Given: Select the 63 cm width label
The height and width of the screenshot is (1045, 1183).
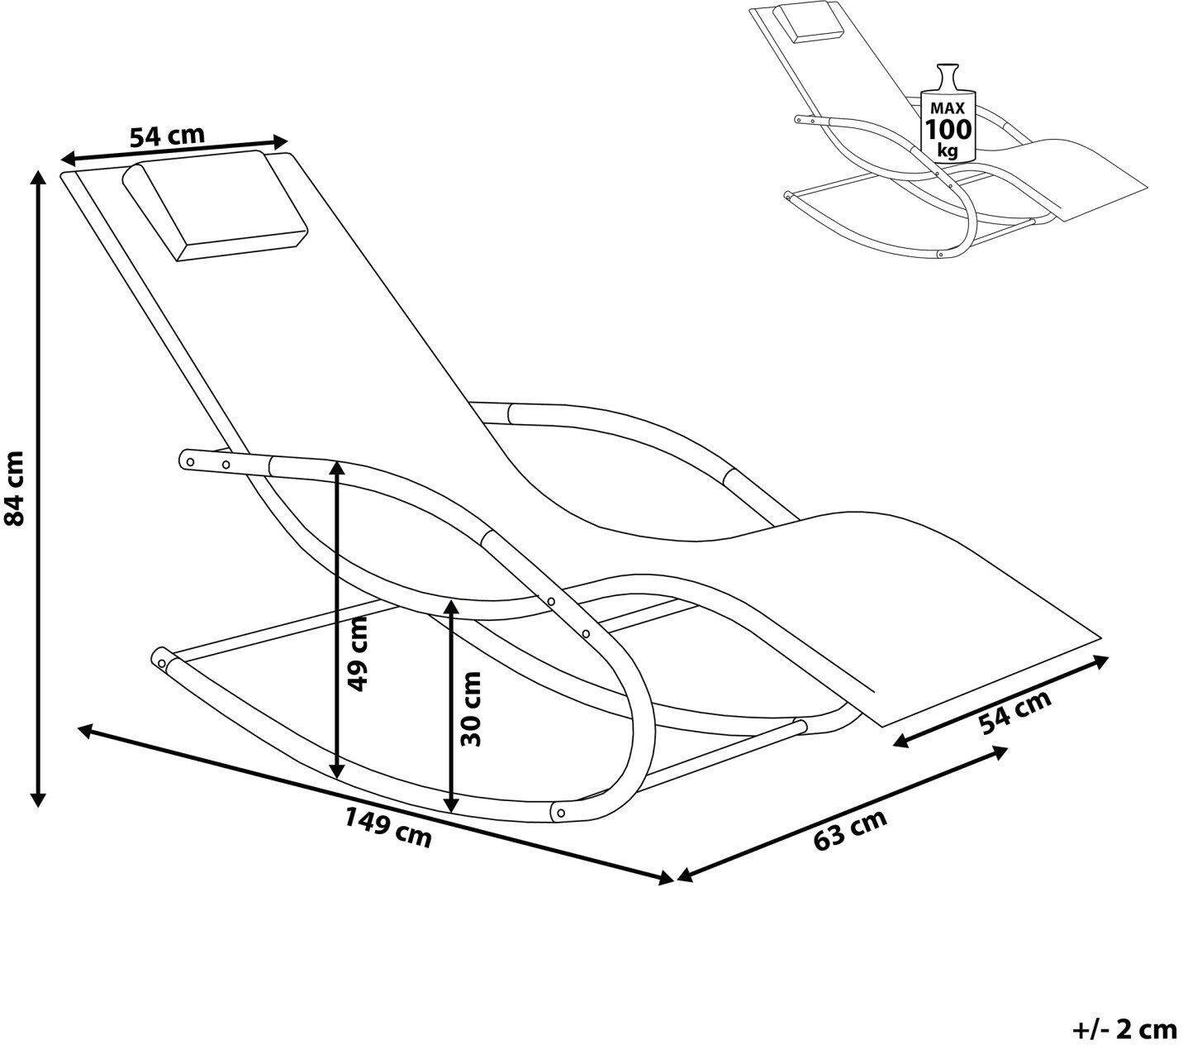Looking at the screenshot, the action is [850, 829].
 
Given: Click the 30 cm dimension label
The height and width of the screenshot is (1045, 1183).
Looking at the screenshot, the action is [470, 709].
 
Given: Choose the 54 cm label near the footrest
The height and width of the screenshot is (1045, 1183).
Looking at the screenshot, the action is [1015, 711].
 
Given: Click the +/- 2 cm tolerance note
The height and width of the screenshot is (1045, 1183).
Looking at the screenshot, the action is [1124, 1028].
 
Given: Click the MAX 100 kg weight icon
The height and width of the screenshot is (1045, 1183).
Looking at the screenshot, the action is [948, 116].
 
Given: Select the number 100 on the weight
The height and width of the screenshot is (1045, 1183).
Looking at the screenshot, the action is [948, 130].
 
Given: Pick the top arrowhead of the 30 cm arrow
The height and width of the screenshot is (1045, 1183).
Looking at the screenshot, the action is [450, 606].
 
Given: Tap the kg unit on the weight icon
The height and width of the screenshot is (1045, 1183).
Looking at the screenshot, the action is [948, 151].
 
